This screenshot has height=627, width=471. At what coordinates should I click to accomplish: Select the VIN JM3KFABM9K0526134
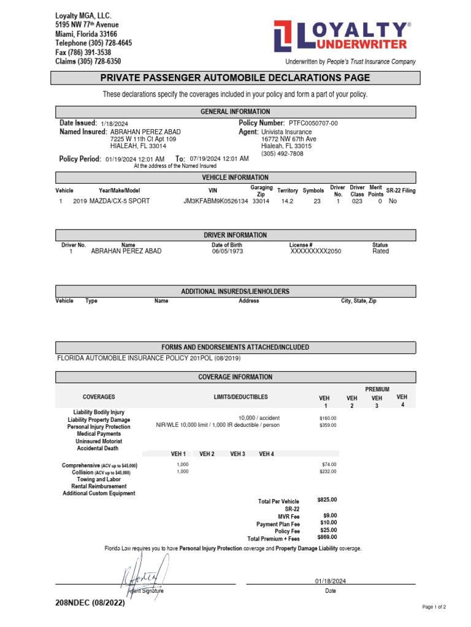216,201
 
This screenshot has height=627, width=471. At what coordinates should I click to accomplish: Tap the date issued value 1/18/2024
112,124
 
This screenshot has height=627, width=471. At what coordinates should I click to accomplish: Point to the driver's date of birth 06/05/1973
228,251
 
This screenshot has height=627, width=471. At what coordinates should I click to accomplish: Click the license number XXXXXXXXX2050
316,251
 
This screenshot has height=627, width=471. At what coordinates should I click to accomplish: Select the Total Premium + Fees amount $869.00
327,537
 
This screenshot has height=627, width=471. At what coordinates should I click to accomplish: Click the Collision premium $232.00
328,471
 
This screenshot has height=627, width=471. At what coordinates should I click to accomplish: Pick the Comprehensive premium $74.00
329,464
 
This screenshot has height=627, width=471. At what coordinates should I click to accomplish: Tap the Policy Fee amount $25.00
329,530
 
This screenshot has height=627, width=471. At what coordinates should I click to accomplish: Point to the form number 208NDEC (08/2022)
90,603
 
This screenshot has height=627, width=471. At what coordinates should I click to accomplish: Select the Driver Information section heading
235,235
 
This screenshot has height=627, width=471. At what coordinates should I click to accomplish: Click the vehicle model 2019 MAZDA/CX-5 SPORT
111,201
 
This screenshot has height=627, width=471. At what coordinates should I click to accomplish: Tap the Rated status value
380,251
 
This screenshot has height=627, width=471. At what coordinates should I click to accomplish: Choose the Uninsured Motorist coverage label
99,441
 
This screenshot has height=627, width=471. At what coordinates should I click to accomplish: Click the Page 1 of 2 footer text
434,607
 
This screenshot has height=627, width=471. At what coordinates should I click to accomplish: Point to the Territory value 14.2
287,201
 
